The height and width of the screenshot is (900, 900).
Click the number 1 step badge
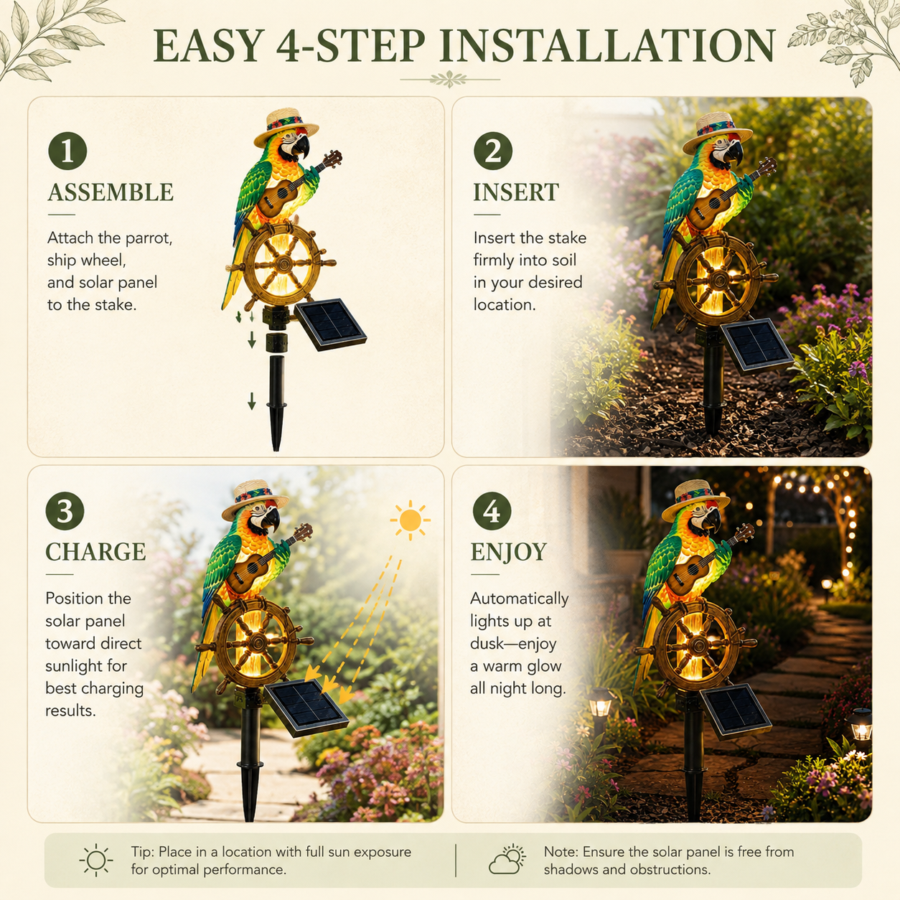tap(67, 151)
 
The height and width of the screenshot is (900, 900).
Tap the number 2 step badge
tap(493, 151)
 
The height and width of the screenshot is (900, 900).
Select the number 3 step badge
tap(65, 511)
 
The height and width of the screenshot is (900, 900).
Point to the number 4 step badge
tap(492, 511)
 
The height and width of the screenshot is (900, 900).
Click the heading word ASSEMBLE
tap(111, 192)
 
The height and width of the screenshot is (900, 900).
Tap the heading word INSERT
tap(516, 192)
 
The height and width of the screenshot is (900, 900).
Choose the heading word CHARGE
tap(95, 552)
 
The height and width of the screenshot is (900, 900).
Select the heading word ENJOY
tap(509, 552)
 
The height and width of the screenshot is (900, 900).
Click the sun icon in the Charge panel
tap(410, 520)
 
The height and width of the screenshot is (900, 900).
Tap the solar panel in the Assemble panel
tap(330, 324)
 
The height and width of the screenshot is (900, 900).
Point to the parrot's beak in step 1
tap(300, 146)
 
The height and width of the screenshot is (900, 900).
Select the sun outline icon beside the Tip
tap(96, 860)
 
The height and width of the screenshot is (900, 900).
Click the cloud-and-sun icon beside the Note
tap(507, 860)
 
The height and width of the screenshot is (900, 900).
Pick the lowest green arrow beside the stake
tap(252, 400)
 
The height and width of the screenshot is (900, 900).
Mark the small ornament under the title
tap(449, 80)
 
